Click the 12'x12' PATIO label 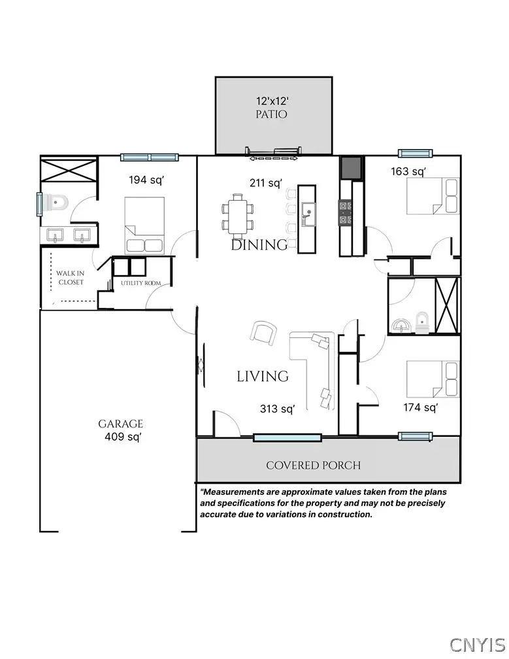[271, 108]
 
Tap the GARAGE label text [121, 424]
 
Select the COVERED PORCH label [313, 465]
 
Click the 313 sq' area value [277, 409]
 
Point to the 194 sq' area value [146, 179]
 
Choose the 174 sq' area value [420, 408]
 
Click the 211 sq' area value [266, 183]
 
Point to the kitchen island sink [306, 212]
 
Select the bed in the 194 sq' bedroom [144, 226]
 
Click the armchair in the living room [263, 333]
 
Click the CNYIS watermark [477, 643]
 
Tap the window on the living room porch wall [287, 437]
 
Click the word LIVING [262, 377]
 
